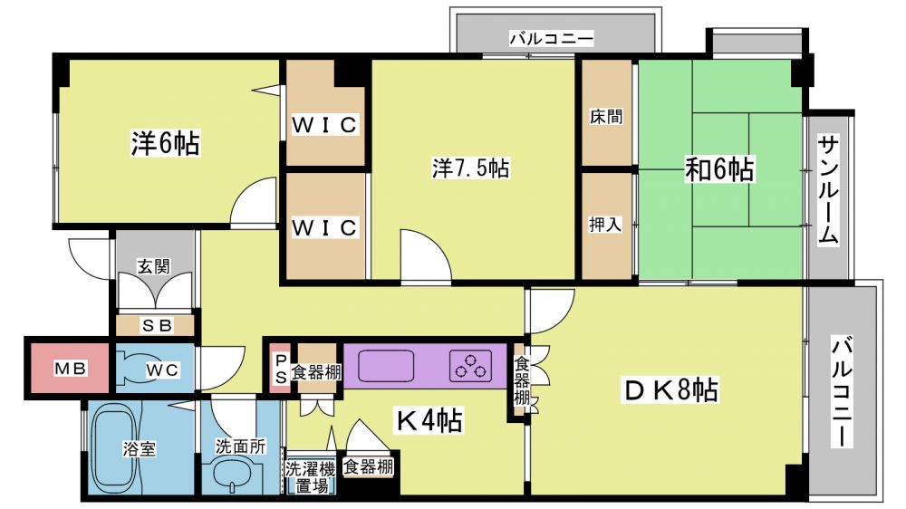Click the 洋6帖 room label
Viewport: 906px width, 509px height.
pos(165,143)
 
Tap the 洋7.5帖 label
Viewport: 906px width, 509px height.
pos(471,168)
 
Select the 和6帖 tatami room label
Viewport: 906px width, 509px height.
pos(719,169)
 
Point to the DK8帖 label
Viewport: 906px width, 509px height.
pos(671,390)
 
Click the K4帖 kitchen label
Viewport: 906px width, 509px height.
pos(429,420)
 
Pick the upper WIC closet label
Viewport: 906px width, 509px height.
pos(324,125)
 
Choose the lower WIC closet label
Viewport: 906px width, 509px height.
pos(324,227)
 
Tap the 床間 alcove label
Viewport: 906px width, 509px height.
pos(606,117)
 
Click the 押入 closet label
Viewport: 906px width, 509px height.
pos(605,225)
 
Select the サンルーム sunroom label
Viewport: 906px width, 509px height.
pos(829,190)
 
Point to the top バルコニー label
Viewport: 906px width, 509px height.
pos(551,39)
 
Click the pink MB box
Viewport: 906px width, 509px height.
pos(70,368)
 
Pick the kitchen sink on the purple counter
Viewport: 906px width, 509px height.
pos(386,366)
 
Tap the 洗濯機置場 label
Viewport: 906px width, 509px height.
pos(311,476)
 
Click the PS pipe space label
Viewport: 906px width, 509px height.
pos(281,368)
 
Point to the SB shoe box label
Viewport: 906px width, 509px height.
pos(157,326)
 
